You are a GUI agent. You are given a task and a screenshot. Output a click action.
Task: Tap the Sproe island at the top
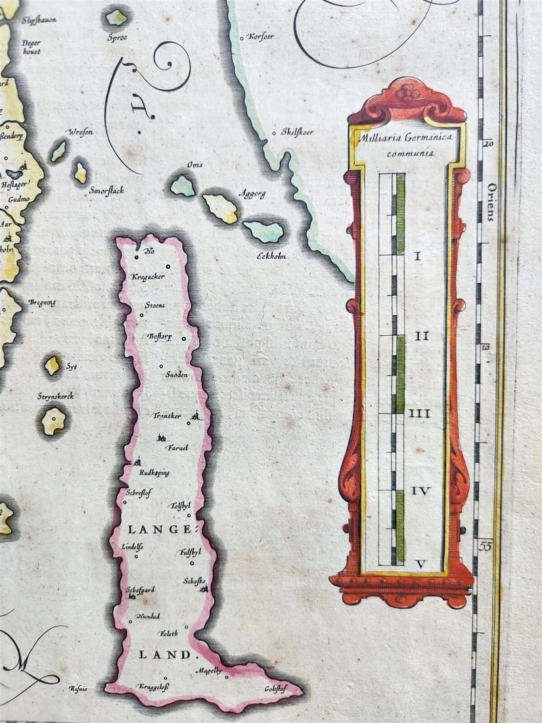click(x=116, y=18)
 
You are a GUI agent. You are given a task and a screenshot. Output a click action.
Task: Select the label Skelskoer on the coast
click(x=297, y=132)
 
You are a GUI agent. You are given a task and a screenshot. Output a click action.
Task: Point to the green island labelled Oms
click(x=183, y=186)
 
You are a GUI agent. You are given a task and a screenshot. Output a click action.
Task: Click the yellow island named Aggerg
click(x=221, y=208)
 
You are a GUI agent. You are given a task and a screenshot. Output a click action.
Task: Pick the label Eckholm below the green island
click(x=271, y=256)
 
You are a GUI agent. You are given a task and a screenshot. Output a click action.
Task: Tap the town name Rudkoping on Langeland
click(x=154, y=472)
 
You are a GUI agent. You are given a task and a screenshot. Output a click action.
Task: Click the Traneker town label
click(x=166, y=416)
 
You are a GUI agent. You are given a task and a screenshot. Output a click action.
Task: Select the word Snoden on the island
click(x=176, y=374)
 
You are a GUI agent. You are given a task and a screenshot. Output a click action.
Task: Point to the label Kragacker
click(x=148, y=277)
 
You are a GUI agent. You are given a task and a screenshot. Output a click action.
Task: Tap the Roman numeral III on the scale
click(x=419, y=413)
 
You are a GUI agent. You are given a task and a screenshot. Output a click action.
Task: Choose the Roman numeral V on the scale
click(x=420, y=563)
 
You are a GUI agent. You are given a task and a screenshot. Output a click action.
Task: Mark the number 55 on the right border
click(x=486, y=546)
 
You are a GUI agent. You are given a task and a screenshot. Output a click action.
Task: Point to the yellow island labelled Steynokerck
click(x=53, y=420)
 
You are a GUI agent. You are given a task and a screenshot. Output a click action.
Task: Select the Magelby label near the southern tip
click(x=210, y=671)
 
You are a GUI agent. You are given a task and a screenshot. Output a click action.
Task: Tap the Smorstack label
click(x=106, y=191)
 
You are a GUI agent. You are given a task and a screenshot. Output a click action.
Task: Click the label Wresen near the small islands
click(x=79, y=132)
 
